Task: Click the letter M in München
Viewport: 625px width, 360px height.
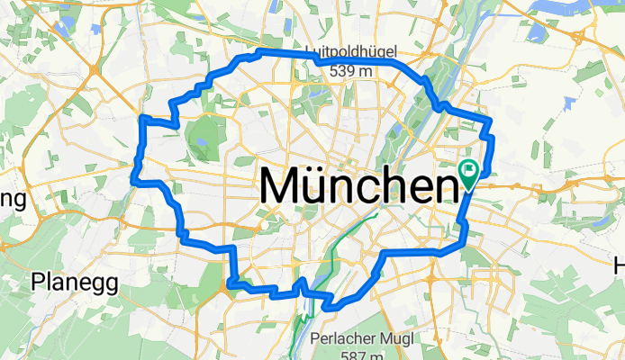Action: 281,187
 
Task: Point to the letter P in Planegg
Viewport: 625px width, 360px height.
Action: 37,282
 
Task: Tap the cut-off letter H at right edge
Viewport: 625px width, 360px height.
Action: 619,266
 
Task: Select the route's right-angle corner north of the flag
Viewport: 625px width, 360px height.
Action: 489,119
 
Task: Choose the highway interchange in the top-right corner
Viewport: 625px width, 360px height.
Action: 575,37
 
